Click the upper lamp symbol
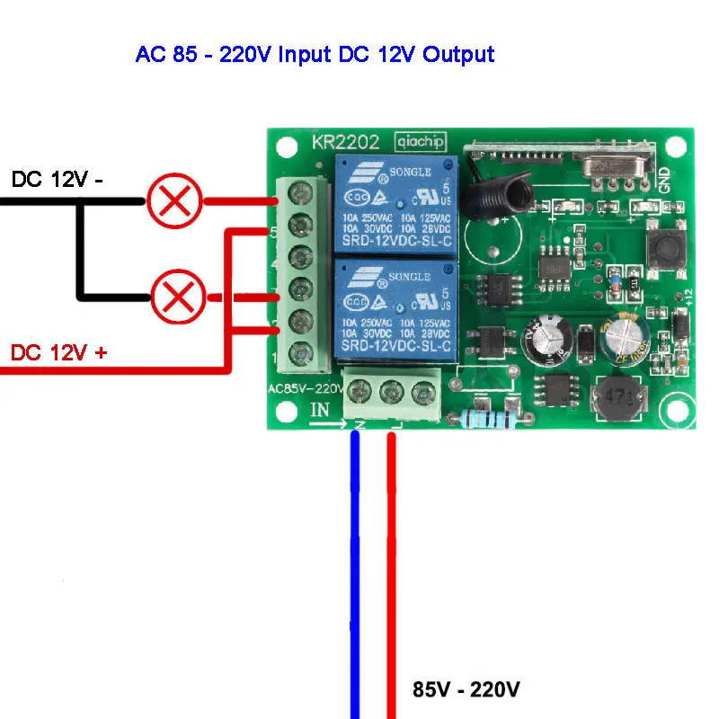tap(174, 202)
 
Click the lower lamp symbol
tap(178, 298)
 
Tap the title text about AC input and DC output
tap(315, 54)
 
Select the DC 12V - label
tap(58, 180)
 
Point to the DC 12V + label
tap(58, 352)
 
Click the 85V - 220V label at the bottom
tap(466, 690)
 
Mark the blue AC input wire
tap(355, 575)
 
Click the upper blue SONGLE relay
tap(396, 205)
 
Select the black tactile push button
tap(663, 246)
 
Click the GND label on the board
tap(664, 181)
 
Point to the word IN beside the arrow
tap(321, 411)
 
